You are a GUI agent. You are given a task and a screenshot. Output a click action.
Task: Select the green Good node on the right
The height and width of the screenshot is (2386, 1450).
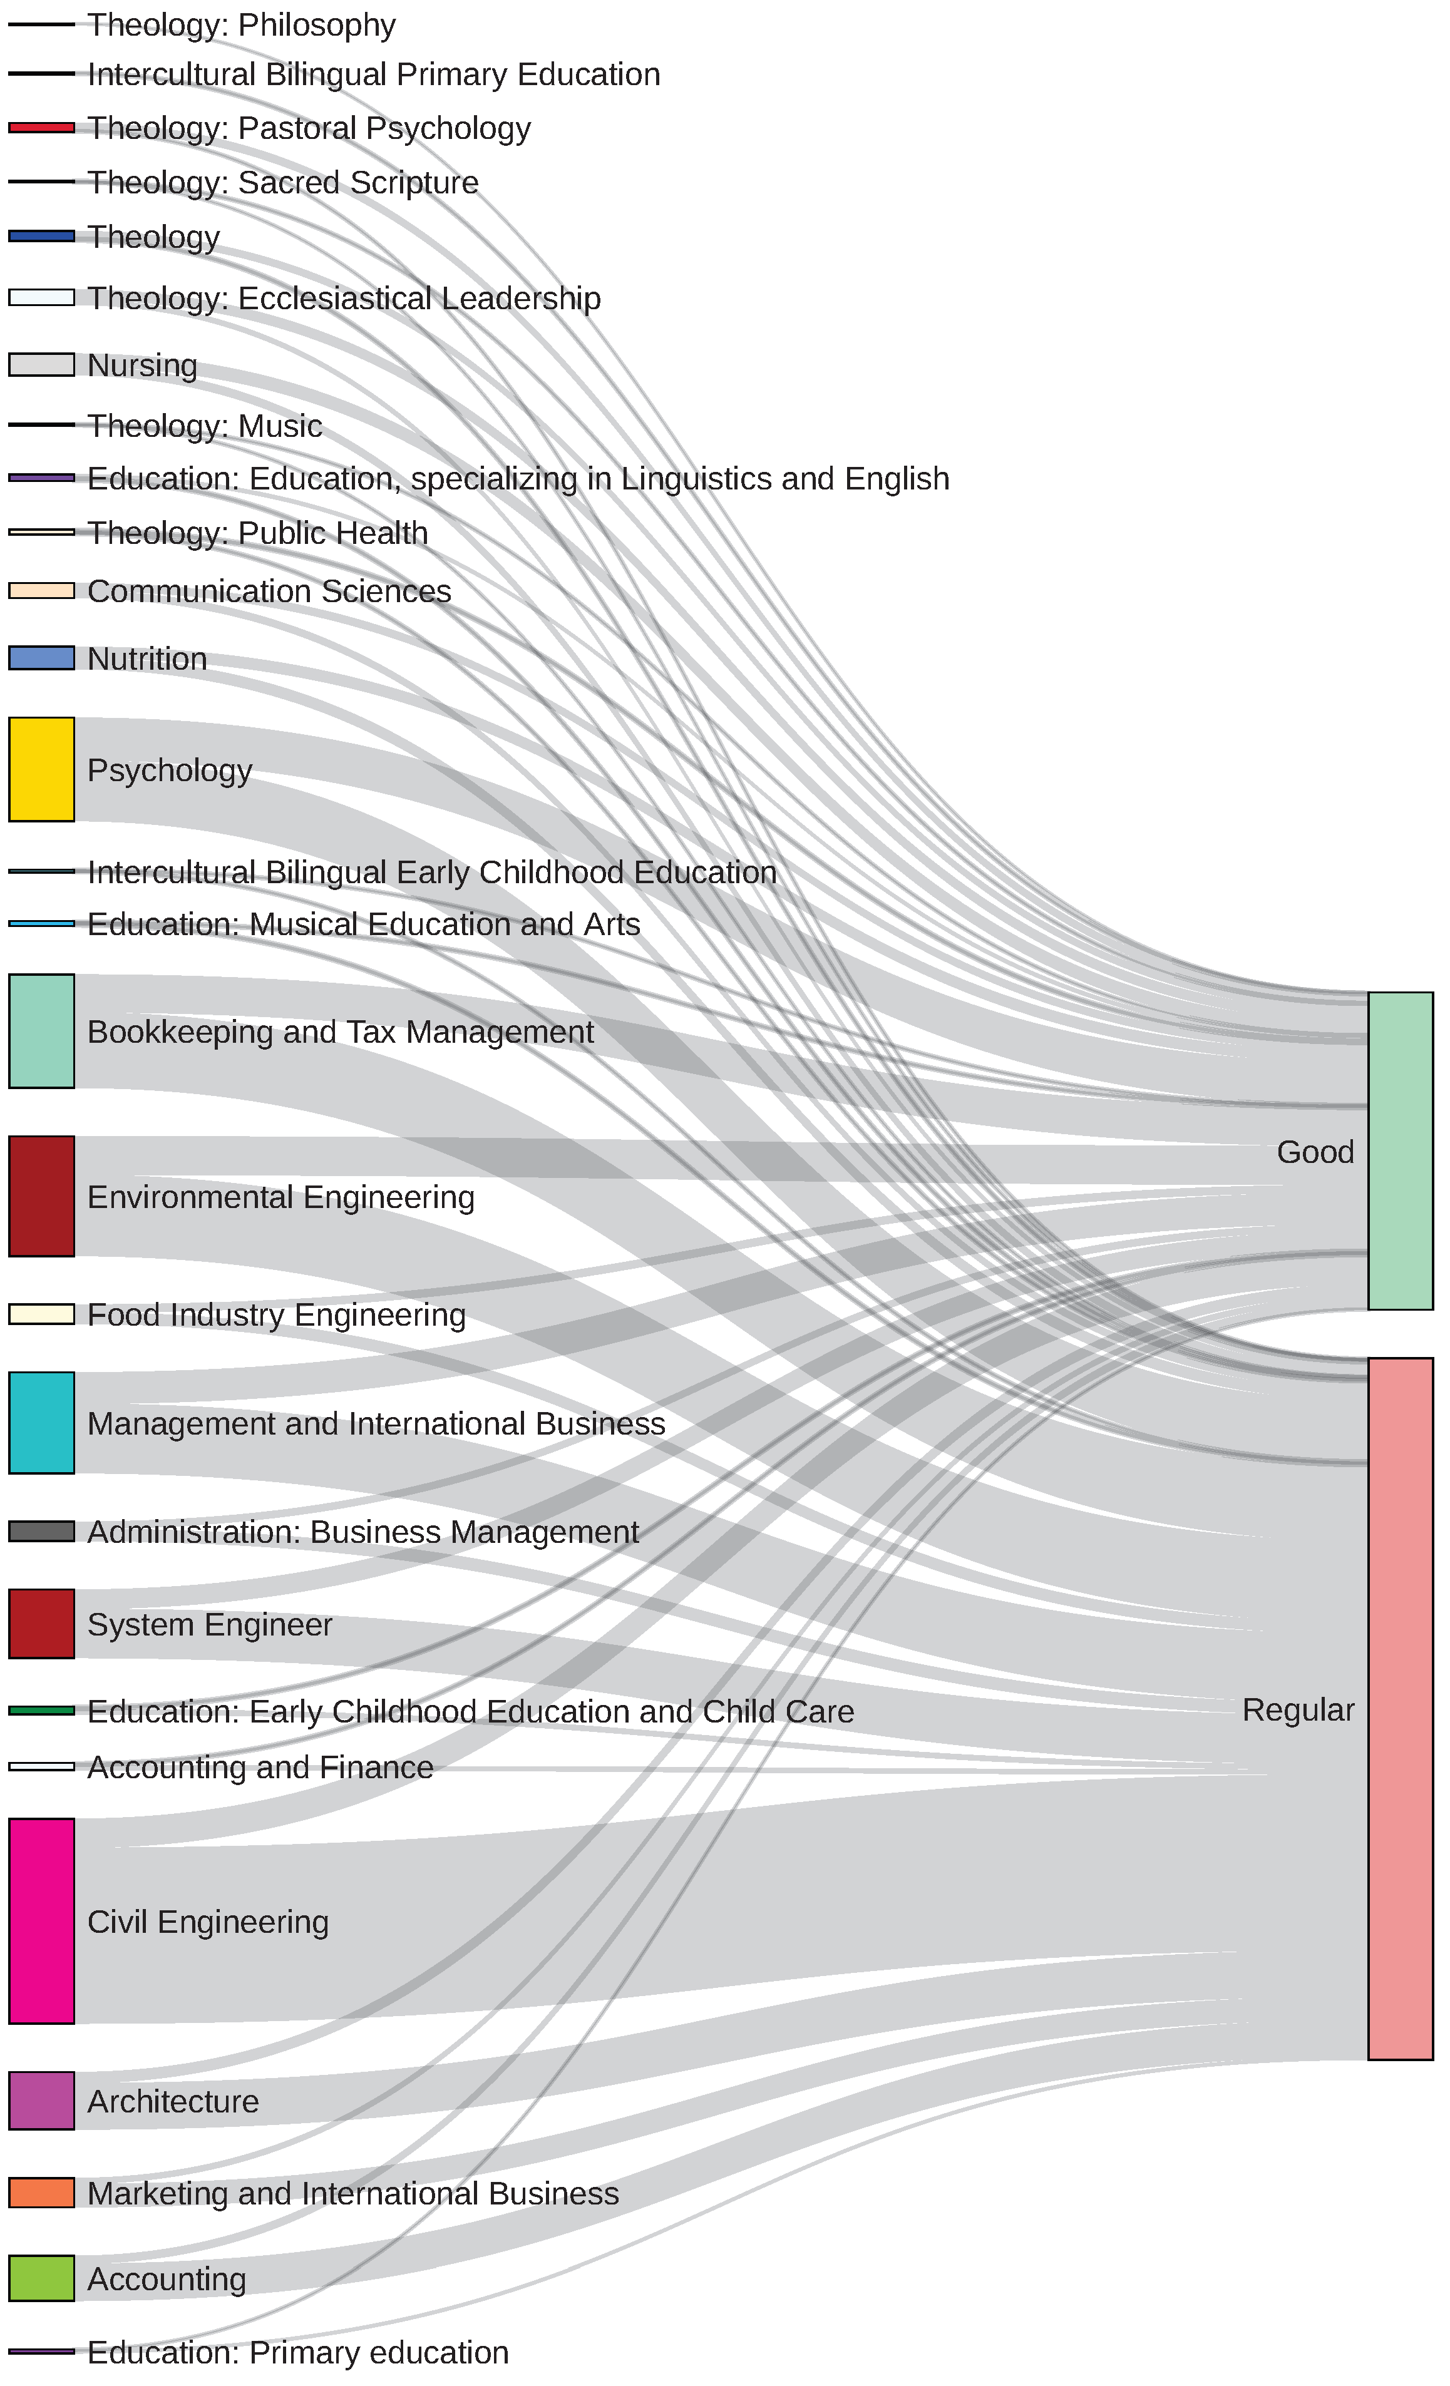(x=1400, y=1150)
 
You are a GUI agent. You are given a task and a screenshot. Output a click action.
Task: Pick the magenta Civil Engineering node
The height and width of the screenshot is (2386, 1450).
(x=42, y=1920)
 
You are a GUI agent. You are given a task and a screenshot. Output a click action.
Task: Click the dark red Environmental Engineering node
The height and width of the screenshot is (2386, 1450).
(x=42, y=1196)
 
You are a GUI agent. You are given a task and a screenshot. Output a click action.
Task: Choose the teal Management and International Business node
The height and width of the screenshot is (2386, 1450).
(x=42, y=1423)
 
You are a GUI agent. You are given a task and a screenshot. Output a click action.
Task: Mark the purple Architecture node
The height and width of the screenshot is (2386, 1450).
(x=42, y=2101)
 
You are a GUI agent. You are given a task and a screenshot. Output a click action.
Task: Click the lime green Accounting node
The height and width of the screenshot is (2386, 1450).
(x=42, y=2278)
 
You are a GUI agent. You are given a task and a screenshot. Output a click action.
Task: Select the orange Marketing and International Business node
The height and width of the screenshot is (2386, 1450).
(x=42, y=2193)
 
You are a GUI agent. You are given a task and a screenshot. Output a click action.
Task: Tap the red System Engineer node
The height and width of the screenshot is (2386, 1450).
(x=42, y=1623)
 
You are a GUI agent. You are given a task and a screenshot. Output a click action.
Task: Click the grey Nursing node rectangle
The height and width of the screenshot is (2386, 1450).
(x=42, y=364)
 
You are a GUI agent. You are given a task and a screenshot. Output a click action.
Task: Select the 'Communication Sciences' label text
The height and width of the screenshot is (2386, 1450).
(x=269, y=591)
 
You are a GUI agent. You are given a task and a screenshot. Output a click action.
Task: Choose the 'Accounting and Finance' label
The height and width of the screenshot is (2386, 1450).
(x=260, y=1766)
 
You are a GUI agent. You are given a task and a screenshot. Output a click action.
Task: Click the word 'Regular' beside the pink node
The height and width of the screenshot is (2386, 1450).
(x=1297, y=1709)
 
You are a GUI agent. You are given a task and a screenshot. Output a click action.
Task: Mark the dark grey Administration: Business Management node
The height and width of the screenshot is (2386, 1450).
(x=42, y=1531)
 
